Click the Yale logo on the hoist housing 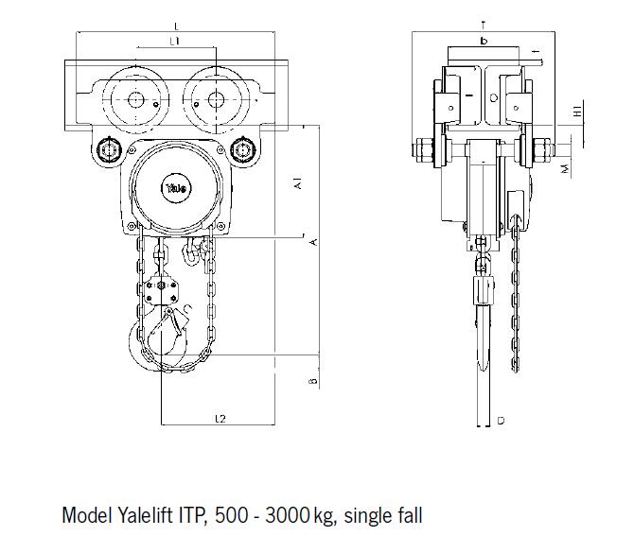pyautogui.click(x=176, y=187)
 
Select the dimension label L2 pyautogui.click(x=219, y=417)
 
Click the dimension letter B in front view pyautogui.click(x=312, y=381)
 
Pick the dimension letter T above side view pyautogui.click(x=483, y=23)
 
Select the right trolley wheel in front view pyautogui.click(x=217, y=99)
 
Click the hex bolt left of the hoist pyautogui.click(x=106, y=150)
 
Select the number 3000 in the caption pyautogui.click(x=289, y=516)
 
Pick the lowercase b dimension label pyautogui.click(x=484, y=41)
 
